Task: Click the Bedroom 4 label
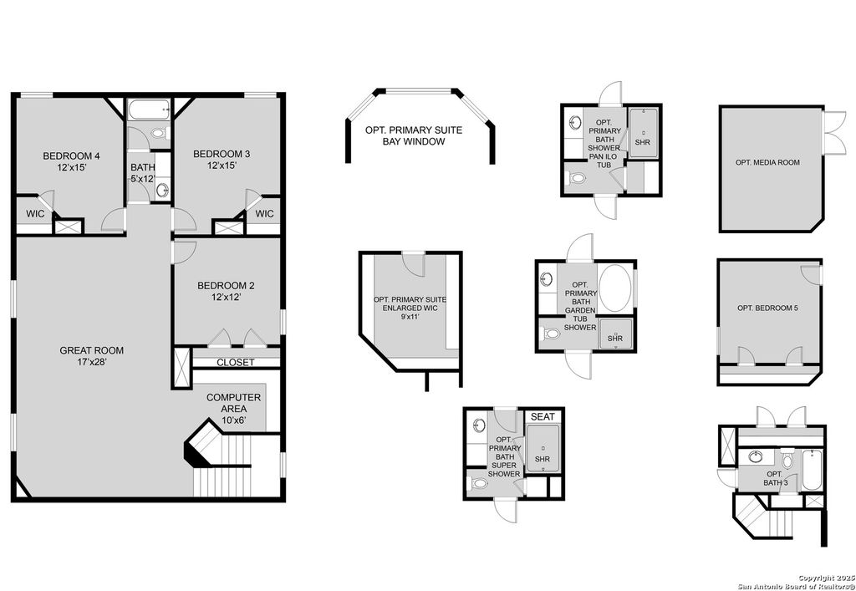pyautogui.click(x=65, y=161)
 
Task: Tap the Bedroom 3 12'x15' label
pyautogui.click(x=222, y=160)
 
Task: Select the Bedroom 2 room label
pyautogui.click(x=226, y=292)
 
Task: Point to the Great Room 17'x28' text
pyautogui.click(x=91, y=357)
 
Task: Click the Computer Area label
pyautogui.click(x=233, y=404)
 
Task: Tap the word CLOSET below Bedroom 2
pyautogui.click(x=236, y=362)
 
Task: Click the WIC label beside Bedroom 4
pyautogui.click(x=35, y=214)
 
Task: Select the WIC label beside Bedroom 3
pyautogui.click(x=264, y=214)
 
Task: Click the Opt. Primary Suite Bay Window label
pyautogui.click(x=413, y=135)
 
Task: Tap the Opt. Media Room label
pyautogui.click(x=768, y=162)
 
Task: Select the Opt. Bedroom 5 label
pyautogui.click(x=767, y=308)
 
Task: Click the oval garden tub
pyautogui.click(x=616, y=287)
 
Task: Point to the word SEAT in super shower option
pyautogui.click(x=543, y=416)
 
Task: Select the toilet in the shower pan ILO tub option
pyautogui.click(x=576, y=178)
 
